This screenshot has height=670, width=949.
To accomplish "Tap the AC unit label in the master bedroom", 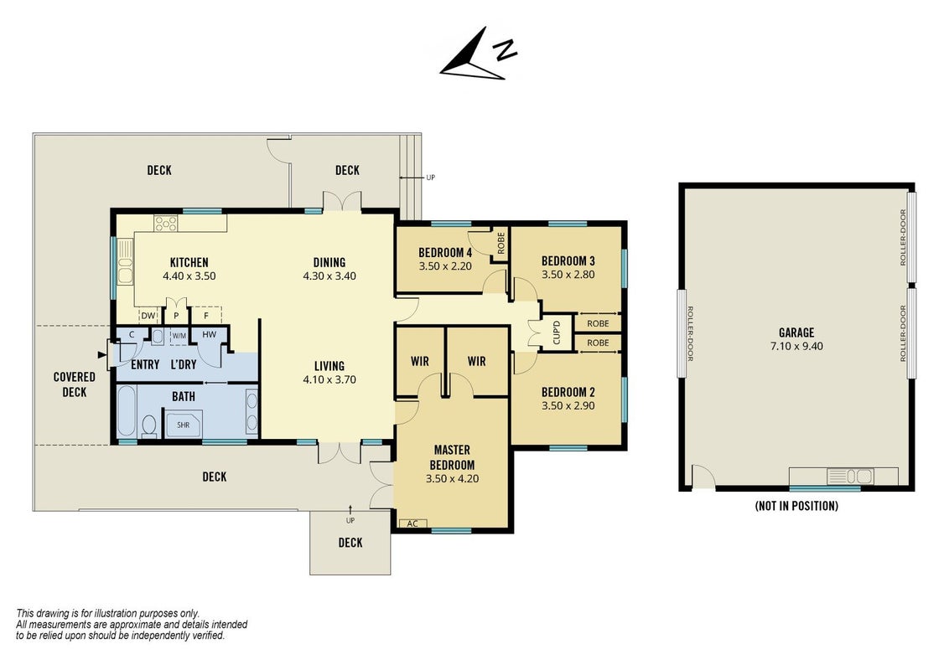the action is coord(412,523).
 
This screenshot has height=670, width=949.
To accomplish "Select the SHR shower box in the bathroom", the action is coord(184,425).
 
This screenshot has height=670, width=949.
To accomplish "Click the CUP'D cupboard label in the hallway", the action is coord(557,332).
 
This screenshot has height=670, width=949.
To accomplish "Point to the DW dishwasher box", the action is coord(148,315).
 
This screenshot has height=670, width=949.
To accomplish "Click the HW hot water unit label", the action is coord(210,334).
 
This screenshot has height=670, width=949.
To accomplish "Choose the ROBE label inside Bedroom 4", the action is coord(500,243).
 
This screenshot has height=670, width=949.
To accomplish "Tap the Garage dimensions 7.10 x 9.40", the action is coord(796,346).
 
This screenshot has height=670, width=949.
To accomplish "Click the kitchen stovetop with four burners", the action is coord(166,224).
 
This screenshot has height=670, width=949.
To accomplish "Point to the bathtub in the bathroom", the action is coord(126,412).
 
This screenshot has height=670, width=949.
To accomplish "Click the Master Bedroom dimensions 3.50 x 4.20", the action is coord(452,478).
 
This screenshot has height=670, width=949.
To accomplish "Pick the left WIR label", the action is coord(419,361).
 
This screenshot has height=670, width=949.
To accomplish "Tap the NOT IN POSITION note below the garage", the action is coord(796,506).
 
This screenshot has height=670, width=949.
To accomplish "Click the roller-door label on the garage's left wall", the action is coord(689,333).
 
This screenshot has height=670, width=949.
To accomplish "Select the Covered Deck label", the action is coord(75,384).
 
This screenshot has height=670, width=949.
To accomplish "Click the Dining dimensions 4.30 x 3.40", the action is coord(329,276).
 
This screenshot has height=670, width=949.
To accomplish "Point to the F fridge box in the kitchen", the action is coord(206,315).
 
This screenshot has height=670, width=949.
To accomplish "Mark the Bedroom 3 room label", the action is coord(568,260).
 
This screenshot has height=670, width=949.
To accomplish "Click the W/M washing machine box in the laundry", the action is coord(179,335).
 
